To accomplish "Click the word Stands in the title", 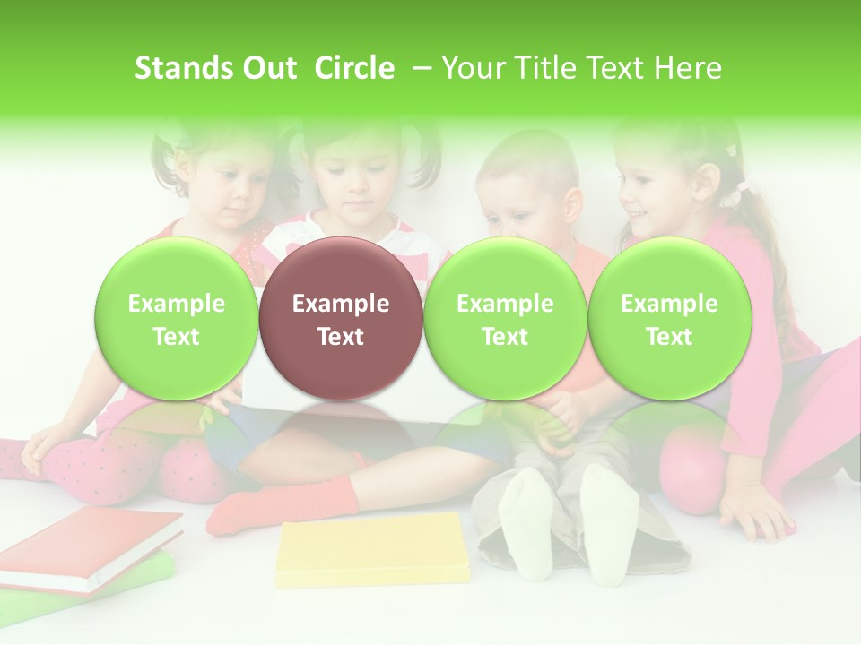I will point(173,68).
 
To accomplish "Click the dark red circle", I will point(340,319).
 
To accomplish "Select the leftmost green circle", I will point(176,319).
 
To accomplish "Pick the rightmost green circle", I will point(669,319).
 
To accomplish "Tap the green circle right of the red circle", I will point(505,319).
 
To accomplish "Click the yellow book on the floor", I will point(373,548).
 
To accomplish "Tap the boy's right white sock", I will point(609,520).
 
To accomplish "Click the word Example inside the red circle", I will point(340,304).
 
